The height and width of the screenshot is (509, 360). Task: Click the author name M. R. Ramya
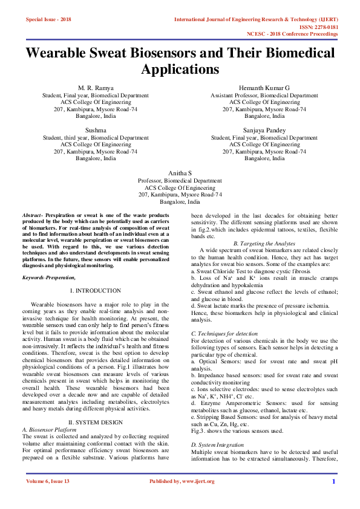(96, 88)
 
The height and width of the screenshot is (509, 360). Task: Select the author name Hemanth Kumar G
(264, 88)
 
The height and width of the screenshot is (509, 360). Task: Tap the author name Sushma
(96, 130)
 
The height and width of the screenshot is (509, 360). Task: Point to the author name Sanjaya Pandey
(264, 130)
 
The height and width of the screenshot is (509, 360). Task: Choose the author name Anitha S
(180, 173)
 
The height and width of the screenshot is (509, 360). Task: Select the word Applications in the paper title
(180, 69)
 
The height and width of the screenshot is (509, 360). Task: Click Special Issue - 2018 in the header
(48, 20)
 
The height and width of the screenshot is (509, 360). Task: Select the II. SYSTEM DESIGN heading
(96, 404)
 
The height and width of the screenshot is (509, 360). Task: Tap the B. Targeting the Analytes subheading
(264, 242)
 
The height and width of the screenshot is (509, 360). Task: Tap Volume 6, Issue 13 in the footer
(48, 498)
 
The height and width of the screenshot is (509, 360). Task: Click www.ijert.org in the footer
(194, 498)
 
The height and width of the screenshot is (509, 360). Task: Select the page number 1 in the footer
(333, 498)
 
